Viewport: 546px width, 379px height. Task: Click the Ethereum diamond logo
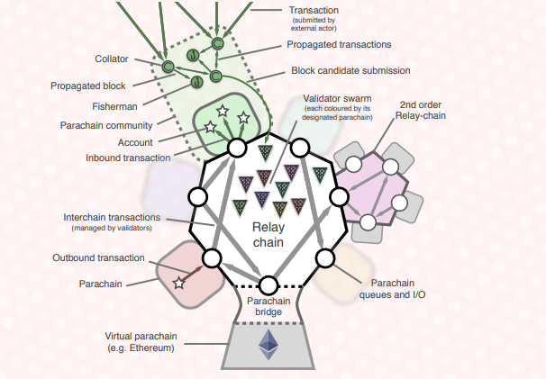pyautogui.click(x=268, y=345)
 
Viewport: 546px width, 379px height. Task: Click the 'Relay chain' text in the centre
pyautogui.click(x=268, y=235)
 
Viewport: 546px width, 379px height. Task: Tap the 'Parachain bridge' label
pyautogui.click(x=268, y=306)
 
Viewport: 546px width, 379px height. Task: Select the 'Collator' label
pyautogui.click(x=112, y=59)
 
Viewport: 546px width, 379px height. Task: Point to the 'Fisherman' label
pyautogui.click(x=114, y=106)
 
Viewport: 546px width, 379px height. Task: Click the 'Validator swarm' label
pyautogui.click(x=337, y=98)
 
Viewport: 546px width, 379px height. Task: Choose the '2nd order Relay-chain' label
pyautogui.click(x=421, y=110)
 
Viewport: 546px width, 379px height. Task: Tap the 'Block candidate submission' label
pyautogui.click(x=350, y=70)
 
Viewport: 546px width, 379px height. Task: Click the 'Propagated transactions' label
pyautogui.click(x=339, y=44)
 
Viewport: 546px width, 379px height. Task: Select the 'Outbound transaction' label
pyautogui.click(x=98, y=257)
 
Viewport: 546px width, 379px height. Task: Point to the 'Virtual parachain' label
pyautogui.click(x=141, y=336)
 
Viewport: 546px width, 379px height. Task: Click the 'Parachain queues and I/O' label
pyautogui.click(x=393, y=289)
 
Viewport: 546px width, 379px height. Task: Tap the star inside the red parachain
pyautogui.click(x=179, y=284)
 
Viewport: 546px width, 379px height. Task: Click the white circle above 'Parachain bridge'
pyautogui.click(x=268, y=285)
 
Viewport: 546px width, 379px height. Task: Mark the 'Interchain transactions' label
pyautogui.click(x=112, y=218)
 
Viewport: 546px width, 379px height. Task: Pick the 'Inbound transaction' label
pyautogui.click(x=128, y=158)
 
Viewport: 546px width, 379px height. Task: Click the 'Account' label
pyautogui.click(x=135, y=143)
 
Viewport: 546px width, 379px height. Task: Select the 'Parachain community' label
pyautogui.click(x=106, y=126)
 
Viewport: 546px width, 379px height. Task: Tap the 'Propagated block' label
pyautogui.click(x=88, y=86)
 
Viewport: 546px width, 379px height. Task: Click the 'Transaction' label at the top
pyautogui.click(x=314, y=11)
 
